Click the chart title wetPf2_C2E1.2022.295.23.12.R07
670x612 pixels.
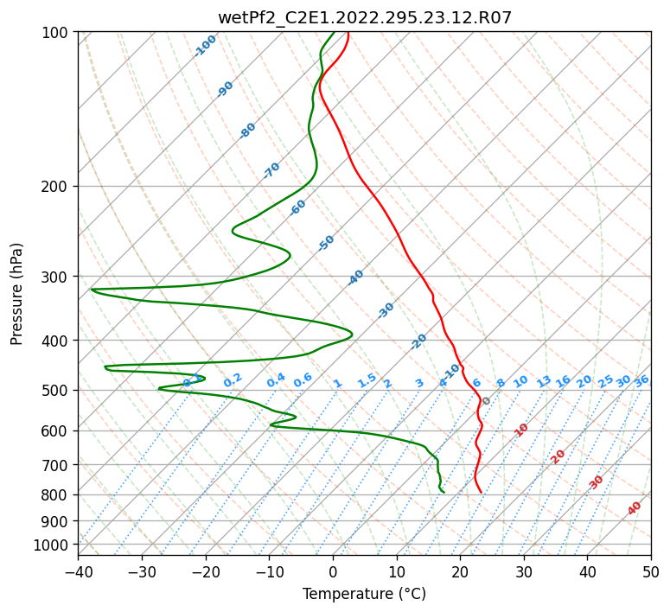point(364,17)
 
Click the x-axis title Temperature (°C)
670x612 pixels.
point(364,594)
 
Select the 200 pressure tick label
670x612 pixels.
point(59,187)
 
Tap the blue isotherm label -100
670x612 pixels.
point(206,46)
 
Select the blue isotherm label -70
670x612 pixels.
point(271,170)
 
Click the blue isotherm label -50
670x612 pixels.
point(326,243)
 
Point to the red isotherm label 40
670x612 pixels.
point(635,508)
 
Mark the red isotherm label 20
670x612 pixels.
point(558,456)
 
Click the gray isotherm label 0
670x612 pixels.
point(486,401)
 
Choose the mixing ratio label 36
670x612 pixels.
point(641,380)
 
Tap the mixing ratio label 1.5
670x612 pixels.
point(367,379)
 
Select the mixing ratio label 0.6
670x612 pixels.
point(303,380)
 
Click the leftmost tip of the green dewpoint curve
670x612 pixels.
point(92,290)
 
